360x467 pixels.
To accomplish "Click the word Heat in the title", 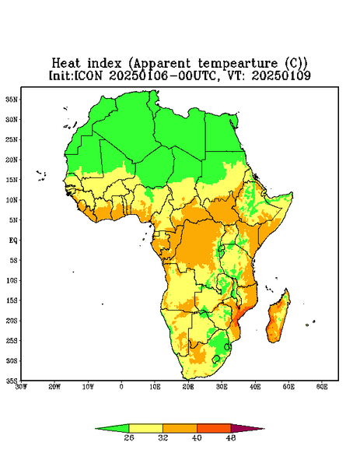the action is pyautogui.click(x=66, y=63).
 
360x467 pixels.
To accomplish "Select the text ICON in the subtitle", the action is pyautogui.click(x=89, y=75).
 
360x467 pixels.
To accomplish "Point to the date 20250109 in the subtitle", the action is pyautogui.click(x=281, y=75).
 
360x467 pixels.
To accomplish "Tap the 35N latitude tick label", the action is pyautogui.click(x=12, y=99).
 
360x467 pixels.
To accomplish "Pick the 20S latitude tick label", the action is pyautogui.click(x=12, y=321).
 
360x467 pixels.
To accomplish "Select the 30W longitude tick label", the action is pyautogui.click(x=21, y=387).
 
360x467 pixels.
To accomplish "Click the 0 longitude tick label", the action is pyautogui.click(x=121, y=387).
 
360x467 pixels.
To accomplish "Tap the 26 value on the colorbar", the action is pyautogui.click(x=129, y=437).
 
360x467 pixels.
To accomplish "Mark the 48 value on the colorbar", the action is pyautogui.click(x=231, y=437).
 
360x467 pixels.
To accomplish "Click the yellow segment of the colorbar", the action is pyautogui.click(x=145, y=428).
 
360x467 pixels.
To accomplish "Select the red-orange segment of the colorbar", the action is pyautogui.click(x=214, y=428).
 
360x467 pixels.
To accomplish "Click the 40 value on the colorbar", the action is pyautogui.click(x=197, y=437).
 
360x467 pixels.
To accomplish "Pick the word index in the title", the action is pyautogui.click(x=104, y=63).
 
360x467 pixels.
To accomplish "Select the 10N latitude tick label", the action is pyautogui.click(x=12, y=200).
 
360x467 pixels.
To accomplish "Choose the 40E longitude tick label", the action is pyautogui.click(x=255, y=387).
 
